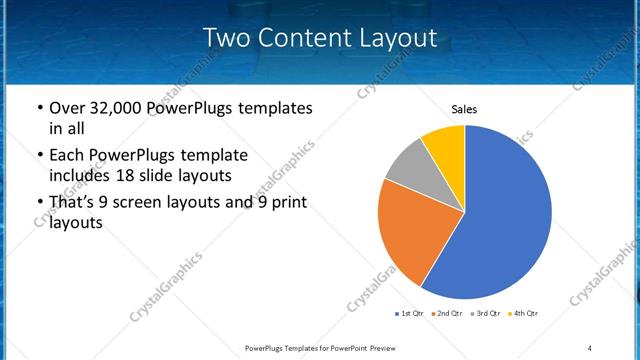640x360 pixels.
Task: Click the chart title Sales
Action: click(x=465, y=109)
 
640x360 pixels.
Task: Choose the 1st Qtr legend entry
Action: click(x=410, y=314)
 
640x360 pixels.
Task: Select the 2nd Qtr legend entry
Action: click(x=445, y=314)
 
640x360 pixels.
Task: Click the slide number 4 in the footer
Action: click(x=589, y=347)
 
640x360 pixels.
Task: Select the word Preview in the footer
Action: click(x=407, y=347)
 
